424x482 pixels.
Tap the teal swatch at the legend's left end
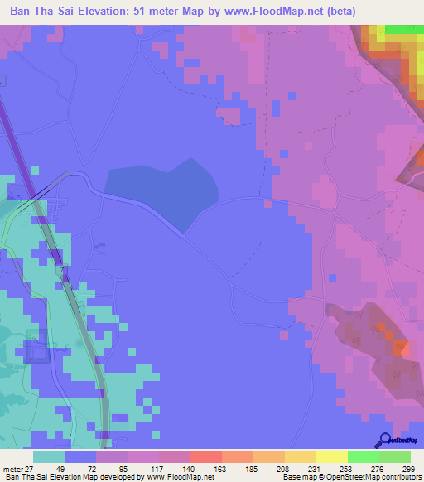click(x=49, y=455)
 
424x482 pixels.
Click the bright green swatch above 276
click(x=363, y=455)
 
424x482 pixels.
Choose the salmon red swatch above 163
click(x=205, y=455)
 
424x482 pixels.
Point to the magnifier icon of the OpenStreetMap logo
click(x=385, y=440)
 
